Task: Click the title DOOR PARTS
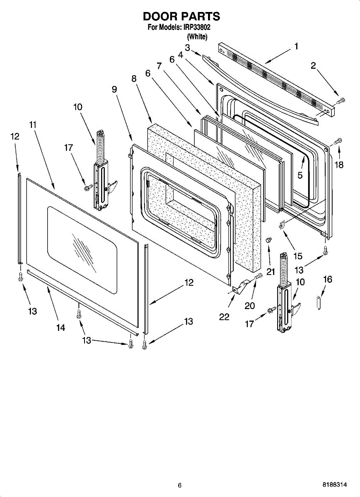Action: [181, 17]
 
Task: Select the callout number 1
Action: [296, 46]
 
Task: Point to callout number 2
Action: [313, 65]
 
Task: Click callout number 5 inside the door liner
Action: [300, 175]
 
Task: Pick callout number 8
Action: [134, 78]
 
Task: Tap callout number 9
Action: [114, 89]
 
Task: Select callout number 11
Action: [33, 124]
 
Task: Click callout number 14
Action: [60, 328]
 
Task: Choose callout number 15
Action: [297, 256]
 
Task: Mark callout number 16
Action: [327, 280]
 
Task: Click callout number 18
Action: [339, 164]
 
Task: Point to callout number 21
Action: [271, 272]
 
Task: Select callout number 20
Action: [249, 306]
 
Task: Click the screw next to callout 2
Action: [341, 100]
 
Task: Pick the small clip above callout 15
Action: [281, 224]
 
